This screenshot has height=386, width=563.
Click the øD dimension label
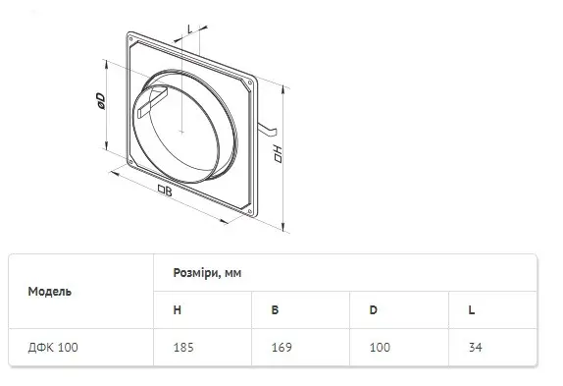100,101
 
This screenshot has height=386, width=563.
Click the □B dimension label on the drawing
165,191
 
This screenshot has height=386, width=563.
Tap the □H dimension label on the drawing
278,154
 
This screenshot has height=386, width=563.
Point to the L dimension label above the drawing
190,29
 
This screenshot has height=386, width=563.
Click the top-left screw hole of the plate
130,38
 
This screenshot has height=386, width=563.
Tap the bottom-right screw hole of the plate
250,211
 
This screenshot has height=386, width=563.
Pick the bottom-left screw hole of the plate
130,162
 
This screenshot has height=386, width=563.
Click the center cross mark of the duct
181,132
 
